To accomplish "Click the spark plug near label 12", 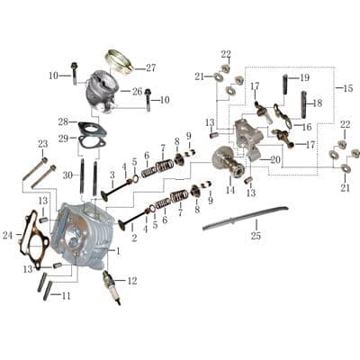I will (112, 285).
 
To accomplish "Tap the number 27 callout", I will (150, 67).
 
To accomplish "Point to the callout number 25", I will (256, 236).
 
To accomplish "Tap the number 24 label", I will (8, 236).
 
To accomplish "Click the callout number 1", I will (118, 251).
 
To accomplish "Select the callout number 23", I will (42, 144).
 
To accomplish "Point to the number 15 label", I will (347, 87).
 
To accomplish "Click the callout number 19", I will (304, 77).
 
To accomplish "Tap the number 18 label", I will (317, 103).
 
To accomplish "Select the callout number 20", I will (275, 159).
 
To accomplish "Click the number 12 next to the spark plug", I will (132, 281).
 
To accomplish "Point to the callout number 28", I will (62, 121).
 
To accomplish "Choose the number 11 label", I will (66, 295).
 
